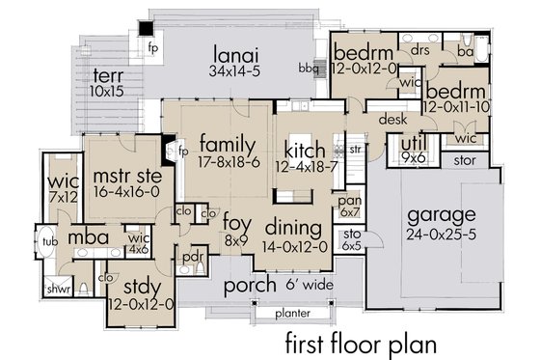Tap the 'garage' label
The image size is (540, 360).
coord(442,214)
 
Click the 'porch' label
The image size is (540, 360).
coord(251,286)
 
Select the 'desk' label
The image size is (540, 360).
coord(391,120)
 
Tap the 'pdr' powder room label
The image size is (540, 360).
coord(192,258)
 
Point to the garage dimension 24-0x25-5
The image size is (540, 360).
coord(442,233)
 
